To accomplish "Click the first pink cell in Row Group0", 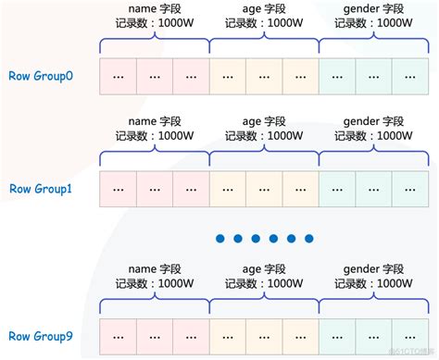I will [x=118, y=76].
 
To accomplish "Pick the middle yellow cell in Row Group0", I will [x=264, y=76].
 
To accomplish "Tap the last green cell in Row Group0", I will [x=409, y=76].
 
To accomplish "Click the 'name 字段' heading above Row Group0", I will [x=154, y=8].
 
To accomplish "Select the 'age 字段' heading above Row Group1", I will [x=264, y=121].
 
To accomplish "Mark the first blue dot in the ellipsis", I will [x=219, y=239].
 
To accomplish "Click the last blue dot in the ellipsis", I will [x=310, y=239].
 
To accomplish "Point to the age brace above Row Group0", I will [x=264, y=39].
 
